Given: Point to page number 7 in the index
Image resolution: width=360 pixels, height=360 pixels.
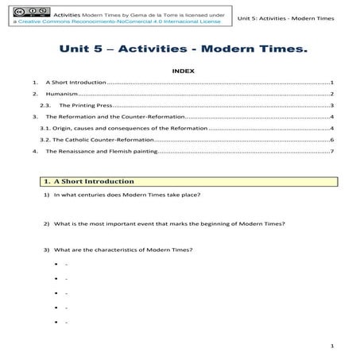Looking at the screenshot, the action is click(x=331, y=150).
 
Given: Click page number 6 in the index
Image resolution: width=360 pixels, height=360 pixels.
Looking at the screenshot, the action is click(x=331, y=139).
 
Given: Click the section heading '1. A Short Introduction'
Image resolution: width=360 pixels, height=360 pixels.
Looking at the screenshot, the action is click(x=89, y=181).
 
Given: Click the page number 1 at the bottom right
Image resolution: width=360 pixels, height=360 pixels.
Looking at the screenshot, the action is click(x=331, y=347).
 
